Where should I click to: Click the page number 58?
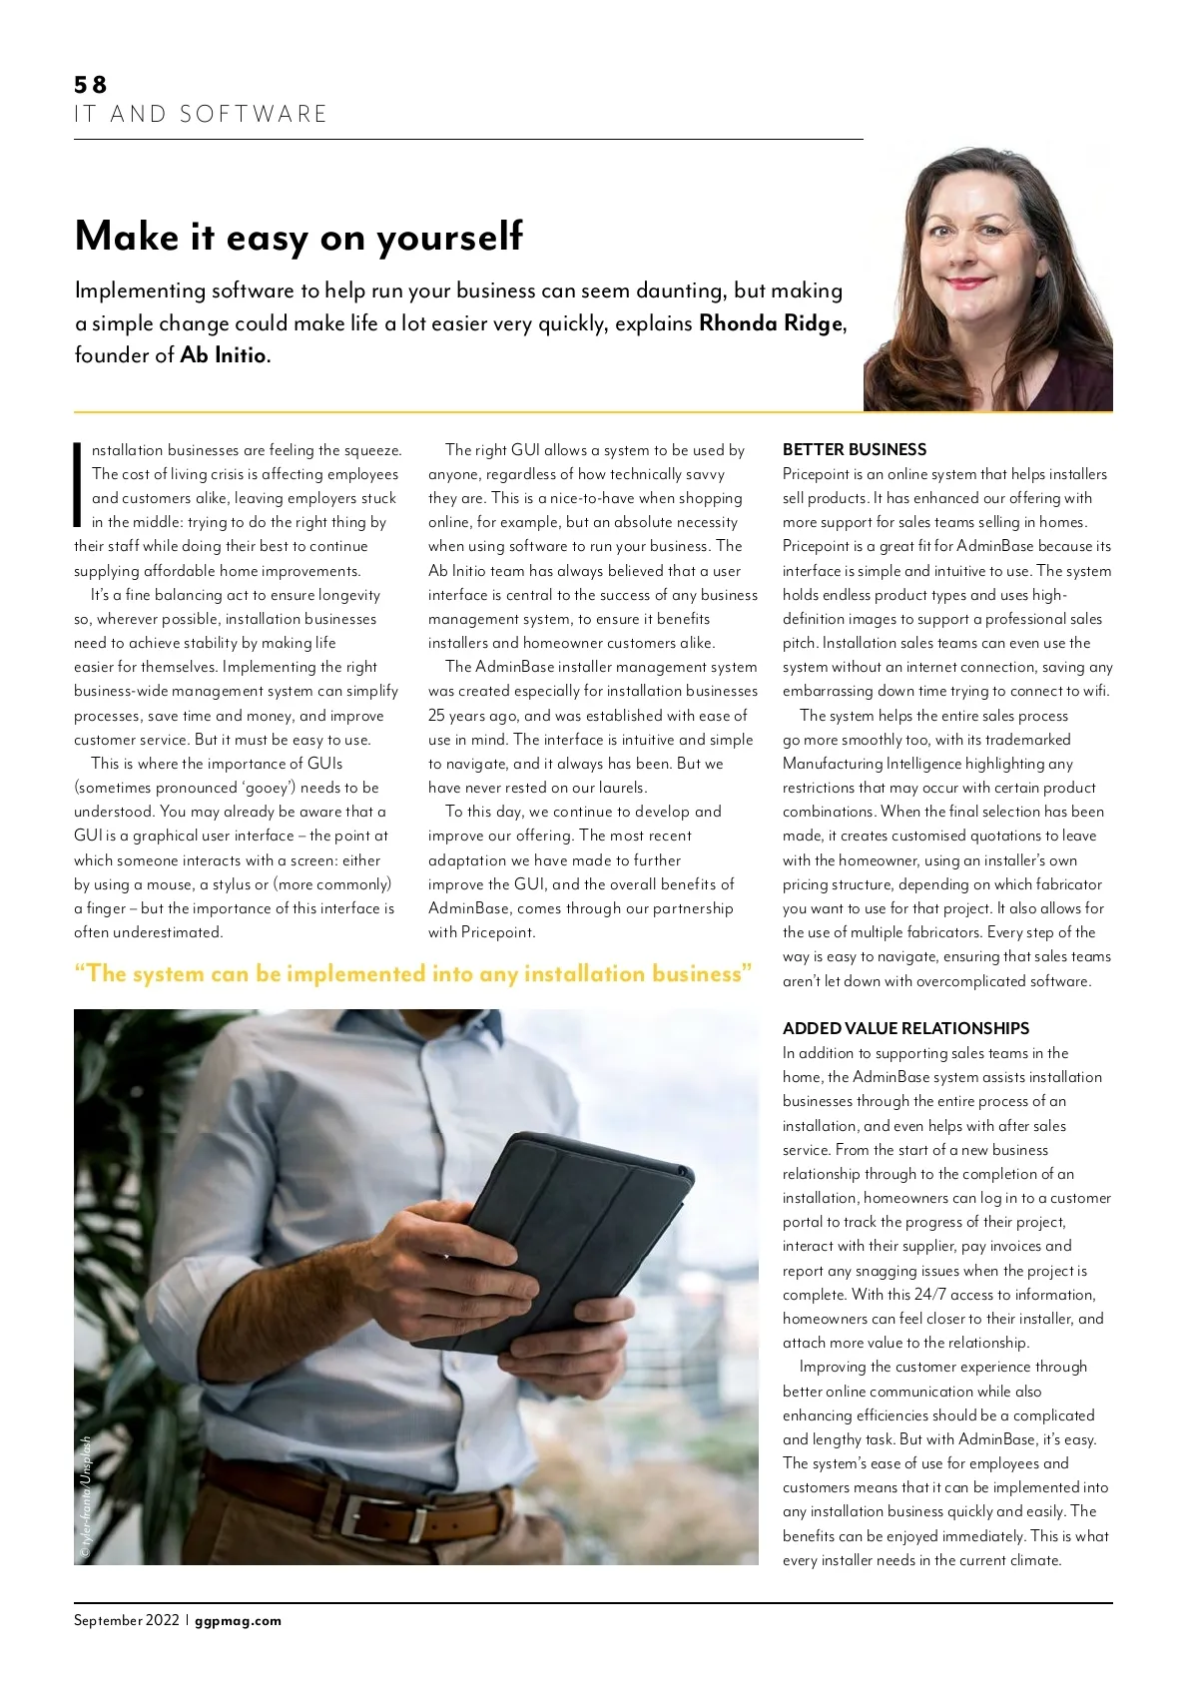pos(90,85)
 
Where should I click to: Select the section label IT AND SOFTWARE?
pos(201,115)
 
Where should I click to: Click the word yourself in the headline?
pos(449,238)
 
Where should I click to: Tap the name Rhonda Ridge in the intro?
pos(771,323)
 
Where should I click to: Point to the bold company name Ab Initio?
pos(224,355)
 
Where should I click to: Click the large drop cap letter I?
pos(78,484)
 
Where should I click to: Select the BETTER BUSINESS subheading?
pos(854,449)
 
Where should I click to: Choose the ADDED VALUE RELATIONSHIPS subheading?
pos(905,1028)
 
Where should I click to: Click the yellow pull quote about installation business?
pos(413,973)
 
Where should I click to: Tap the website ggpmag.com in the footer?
pos(238,1620)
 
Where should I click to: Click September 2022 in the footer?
pos(126,1620)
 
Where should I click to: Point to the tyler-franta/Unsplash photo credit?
pos(86,1497)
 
